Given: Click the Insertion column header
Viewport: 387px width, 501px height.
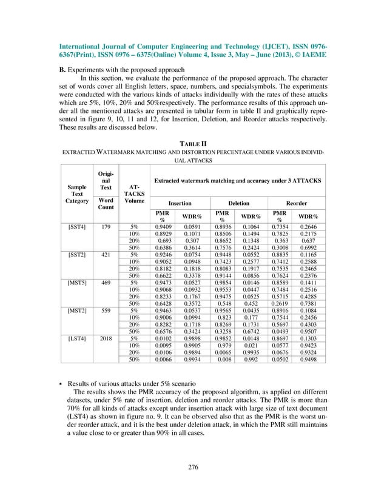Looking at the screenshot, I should pyautogui.click(x=180, y=204).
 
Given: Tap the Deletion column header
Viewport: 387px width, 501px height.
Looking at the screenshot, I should pyautogui.click(x=240, y=204).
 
